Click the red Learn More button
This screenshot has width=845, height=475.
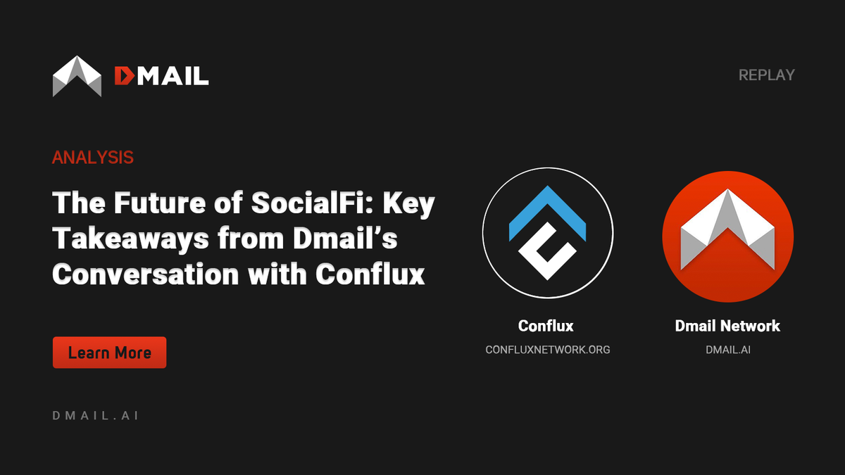click(109, 353)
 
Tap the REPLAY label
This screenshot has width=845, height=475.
click(766, 75)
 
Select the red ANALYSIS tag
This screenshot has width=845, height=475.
click(92, 157)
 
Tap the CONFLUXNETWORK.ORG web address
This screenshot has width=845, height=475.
click(547, 349)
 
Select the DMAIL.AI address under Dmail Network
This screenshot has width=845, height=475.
click(727, 349)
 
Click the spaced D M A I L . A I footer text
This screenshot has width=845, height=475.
click(95, 415)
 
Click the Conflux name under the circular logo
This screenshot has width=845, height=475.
click(546, 326)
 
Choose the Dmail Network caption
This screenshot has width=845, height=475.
click(727, 326)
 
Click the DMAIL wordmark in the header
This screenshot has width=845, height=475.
click(161, 75)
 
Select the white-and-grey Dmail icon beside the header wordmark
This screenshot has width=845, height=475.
click(77, 76)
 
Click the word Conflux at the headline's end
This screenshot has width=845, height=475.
click(370, 274)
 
